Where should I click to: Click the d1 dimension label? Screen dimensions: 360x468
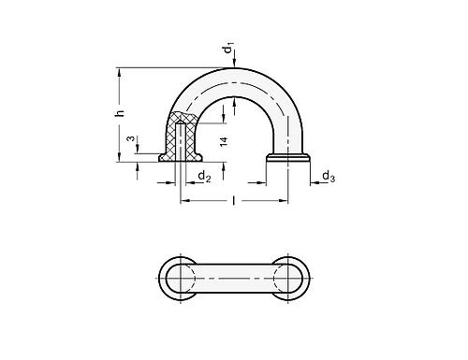230,47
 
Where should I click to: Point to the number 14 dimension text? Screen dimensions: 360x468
221,140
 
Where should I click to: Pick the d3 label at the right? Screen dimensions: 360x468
328,175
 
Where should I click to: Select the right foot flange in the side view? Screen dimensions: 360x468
286,158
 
